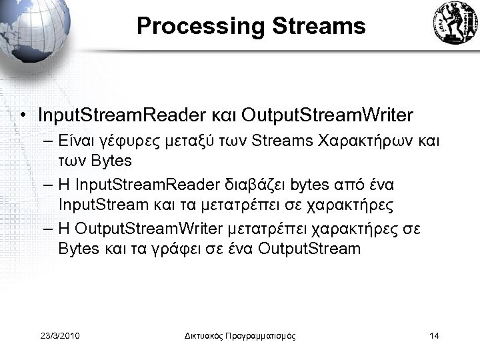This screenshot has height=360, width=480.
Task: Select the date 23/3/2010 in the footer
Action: click(x=60, y=335)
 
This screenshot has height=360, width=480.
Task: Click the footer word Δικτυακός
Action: click(x=205, y=335)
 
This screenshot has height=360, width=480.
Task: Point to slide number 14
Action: click(x=434, y=335)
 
